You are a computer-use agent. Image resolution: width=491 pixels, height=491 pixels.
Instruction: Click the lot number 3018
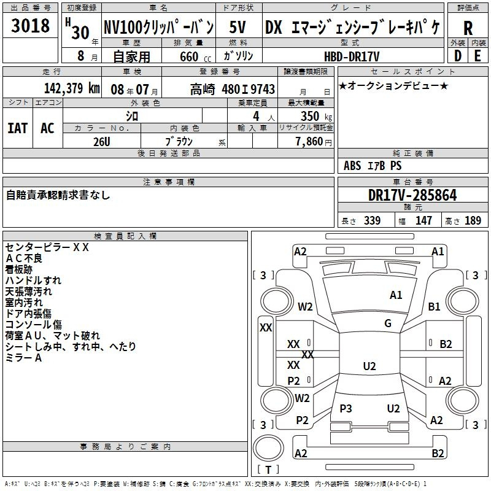[30, 25]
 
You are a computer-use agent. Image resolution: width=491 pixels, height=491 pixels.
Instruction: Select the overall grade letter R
[468, 28]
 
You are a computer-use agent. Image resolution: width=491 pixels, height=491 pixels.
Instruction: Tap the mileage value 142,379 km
[72, 88]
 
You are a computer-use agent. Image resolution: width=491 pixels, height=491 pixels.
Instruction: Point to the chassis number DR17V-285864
[412, 195]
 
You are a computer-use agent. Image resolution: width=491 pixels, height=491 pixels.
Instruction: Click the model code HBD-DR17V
[352, 56]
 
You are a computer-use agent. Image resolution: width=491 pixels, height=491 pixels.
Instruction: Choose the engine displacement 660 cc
[195, 56]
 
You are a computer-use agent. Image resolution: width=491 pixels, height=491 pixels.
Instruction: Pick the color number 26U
[102, 142]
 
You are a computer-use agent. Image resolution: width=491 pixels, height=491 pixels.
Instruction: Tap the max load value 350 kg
[316, 116]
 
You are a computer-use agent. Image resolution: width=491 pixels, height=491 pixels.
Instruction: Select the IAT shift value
[18, 128]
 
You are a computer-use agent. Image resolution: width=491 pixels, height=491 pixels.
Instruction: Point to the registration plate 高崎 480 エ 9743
[233, 89]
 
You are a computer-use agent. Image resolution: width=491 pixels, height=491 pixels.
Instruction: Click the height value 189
[473, 220]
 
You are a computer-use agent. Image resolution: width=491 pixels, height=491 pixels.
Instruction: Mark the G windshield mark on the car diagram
[388, 323]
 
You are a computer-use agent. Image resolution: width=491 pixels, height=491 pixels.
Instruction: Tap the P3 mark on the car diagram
[346, 408]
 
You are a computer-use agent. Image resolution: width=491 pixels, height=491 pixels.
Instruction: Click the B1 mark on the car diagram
[434, 306]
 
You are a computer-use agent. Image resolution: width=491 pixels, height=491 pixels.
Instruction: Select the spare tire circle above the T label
[268, 448]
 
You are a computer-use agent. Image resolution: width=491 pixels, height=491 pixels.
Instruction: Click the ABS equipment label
[352, 166]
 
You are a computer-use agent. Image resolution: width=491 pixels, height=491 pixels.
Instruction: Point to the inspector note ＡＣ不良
[23, 258]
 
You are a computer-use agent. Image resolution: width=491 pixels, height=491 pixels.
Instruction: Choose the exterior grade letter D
[458, 56]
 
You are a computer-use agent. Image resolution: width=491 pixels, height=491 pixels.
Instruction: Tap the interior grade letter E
[477, 56]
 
